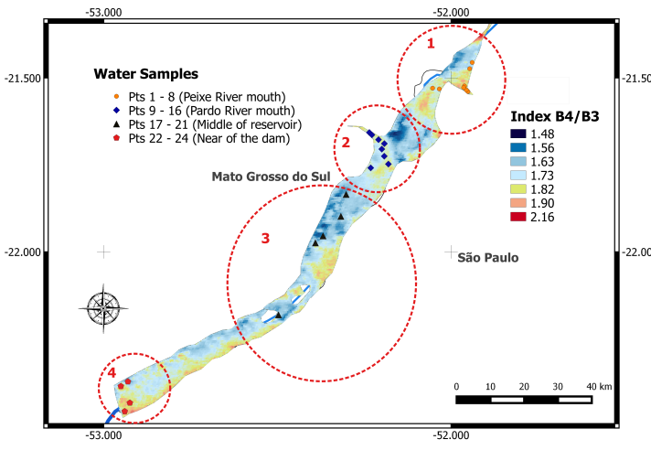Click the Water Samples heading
(x=146, y=73)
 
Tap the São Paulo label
(x=488, y=258)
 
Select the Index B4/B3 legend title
(x=555, y=118)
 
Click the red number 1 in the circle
(x=432, y=42)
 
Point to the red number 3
(x=265, y=239)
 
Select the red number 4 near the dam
(x=111, y=373)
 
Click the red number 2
(x=347, y=142)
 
